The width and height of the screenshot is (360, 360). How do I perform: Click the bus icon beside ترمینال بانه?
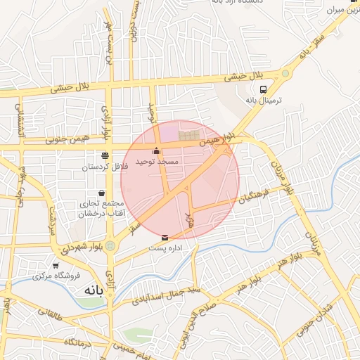point(263,89)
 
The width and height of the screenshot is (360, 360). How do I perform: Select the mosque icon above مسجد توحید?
point(156,150)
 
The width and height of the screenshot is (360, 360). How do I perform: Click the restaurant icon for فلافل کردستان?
point(105,156)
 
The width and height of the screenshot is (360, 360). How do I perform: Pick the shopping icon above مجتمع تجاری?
point(103,193)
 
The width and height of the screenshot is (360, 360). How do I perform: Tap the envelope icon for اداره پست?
point(165,238)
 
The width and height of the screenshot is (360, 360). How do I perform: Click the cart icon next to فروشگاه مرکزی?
point(56,266)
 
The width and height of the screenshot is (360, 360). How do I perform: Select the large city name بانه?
point(94,290)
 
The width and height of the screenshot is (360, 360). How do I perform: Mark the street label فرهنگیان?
point(253,198)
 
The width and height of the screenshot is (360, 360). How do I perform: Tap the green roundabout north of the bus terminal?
point(285,73)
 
